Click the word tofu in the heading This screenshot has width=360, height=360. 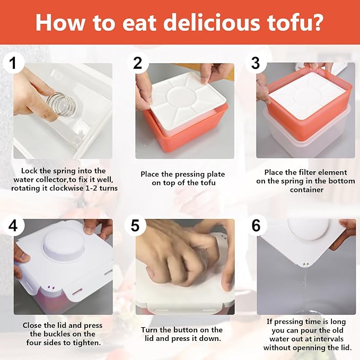pos(289,22)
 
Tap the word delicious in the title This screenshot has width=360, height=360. pos(212,22)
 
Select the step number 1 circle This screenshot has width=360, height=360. pos(13,63)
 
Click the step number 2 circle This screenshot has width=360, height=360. pos(138,63)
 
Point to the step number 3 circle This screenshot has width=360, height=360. pos(256,63)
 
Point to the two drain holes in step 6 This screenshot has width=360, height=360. pos(305,264)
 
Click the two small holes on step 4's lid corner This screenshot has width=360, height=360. pos(51,287)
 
